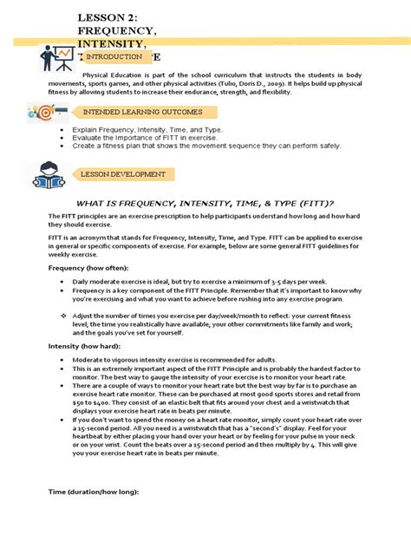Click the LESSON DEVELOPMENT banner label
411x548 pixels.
(122, 174)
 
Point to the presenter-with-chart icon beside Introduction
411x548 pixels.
(57, 57)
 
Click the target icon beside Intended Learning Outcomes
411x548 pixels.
(45, 113)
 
